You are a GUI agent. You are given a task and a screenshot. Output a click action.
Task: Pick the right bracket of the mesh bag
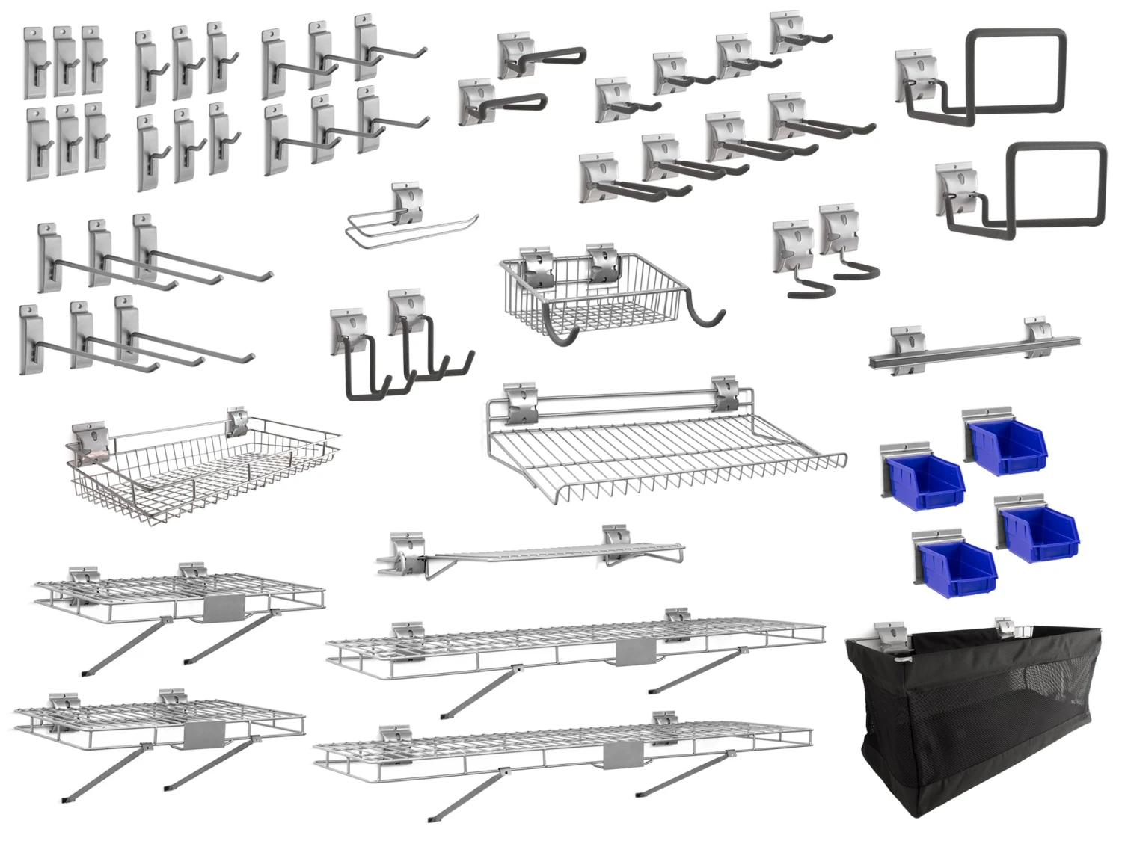[1005, 626]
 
